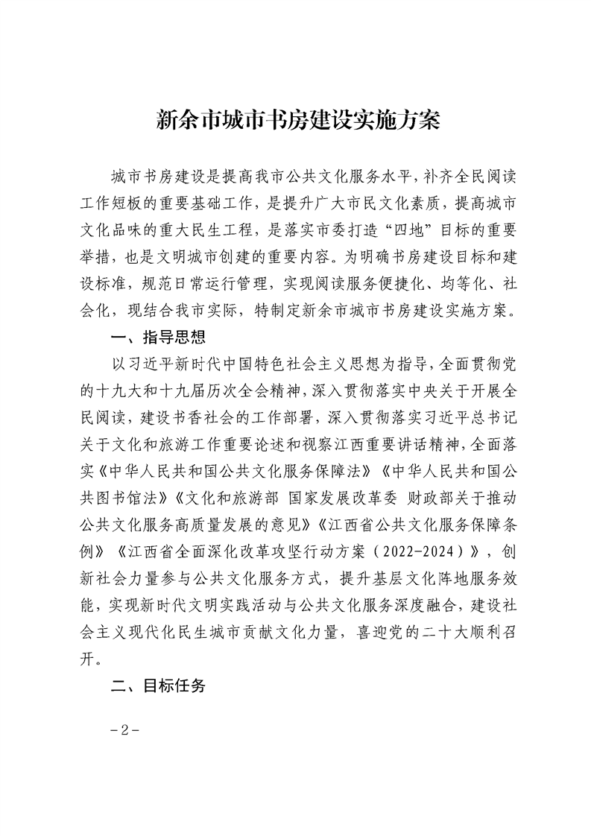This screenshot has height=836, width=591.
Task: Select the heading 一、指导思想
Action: pos(157,339)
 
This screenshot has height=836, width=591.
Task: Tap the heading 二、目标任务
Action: pos(157,685)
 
